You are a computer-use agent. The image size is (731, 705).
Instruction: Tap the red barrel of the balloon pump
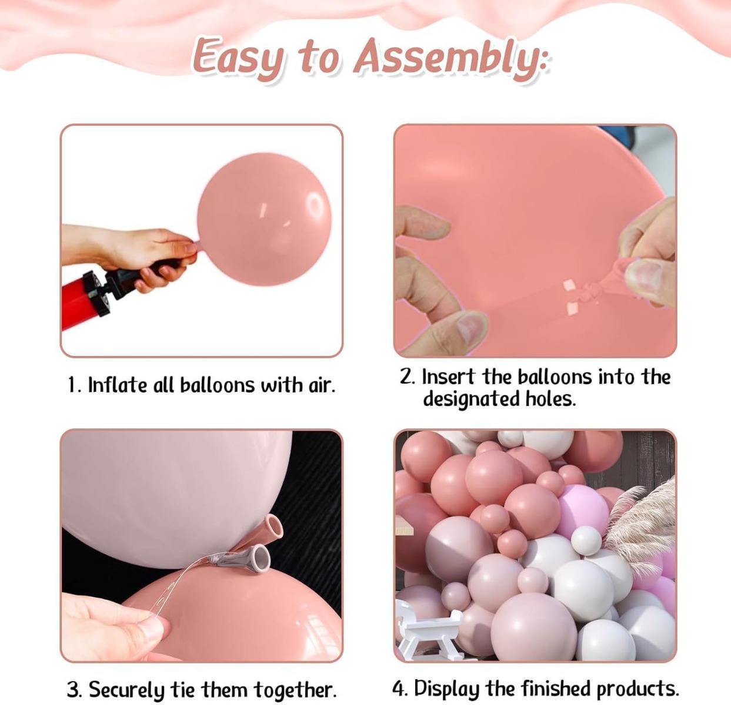coord(79,303)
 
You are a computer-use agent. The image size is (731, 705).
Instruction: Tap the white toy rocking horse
coord(428,630)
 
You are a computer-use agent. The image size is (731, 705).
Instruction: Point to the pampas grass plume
coord(639,529)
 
